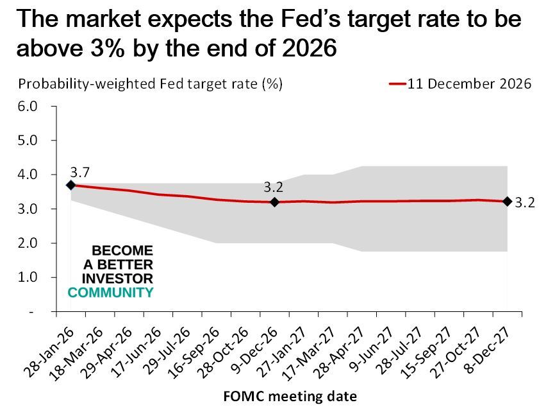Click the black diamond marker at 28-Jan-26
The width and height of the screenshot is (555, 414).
coord(70,185)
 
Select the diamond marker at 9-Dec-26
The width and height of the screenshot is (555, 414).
coord(274,202)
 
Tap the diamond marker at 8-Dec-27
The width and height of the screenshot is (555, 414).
coord(507,201)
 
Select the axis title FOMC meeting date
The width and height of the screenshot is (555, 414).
coord(290,396)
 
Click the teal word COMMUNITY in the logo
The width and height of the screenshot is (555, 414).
coord(111,293)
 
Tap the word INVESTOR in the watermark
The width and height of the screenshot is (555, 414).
coord(118,279)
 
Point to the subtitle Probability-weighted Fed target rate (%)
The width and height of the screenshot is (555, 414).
coord(150,84)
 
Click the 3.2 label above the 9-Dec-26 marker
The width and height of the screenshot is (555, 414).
coord(273,188)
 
